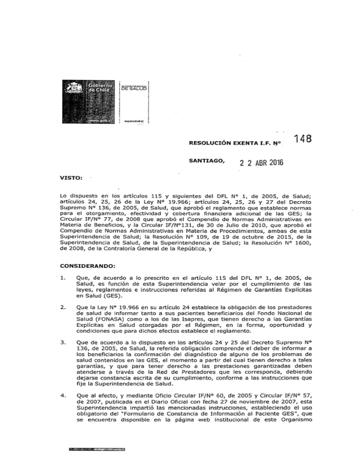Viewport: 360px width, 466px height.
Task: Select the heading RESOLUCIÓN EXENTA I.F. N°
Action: (x=226, y=140)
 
